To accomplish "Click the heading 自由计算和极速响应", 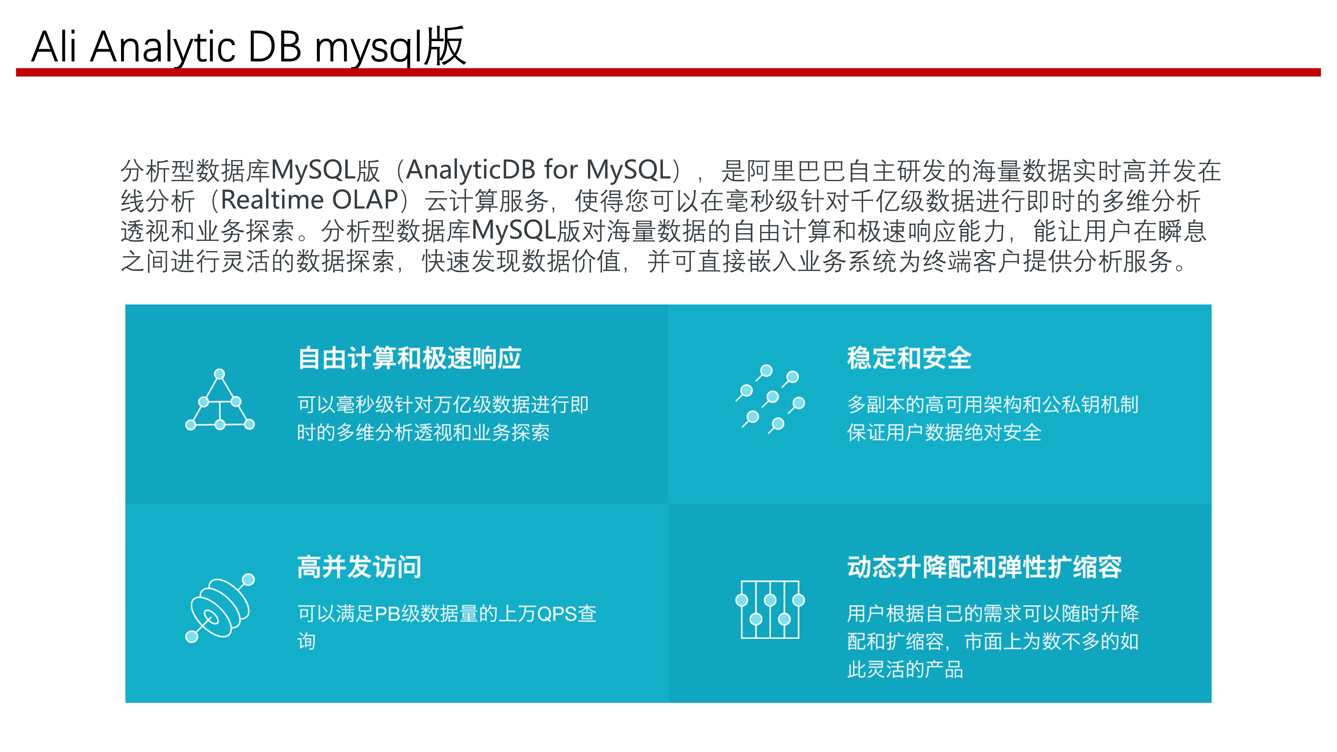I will click(x=409, y=358).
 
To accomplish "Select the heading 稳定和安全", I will click(x=909, y=358).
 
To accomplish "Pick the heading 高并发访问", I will click(x=359, y=567).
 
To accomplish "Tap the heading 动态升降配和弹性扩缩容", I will click(x=984, y=567).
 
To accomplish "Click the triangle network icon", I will click(x=220, y=402).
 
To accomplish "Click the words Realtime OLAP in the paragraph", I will click(x=309, y=200).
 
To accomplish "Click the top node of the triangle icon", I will click(x=220, y=374).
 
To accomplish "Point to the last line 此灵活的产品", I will click(x=905, y=669).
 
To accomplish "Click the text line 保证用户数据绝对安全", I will click(x=944, y=432).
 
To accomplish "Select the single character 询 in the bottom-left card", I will click(x=306, y=641).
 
